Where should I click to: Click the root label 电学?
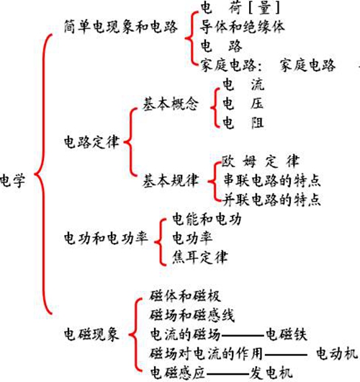13,180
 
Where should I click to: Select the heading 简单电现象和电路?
120,27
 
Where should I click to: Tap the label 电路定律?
91,142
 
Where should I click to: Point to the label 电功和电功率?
106,238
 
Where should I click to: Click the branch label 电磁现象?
91,334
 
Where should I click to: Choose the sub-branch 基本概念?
171,104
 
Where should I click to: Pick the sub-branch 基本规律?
171,180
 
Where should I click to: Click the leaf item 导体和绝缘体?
242,27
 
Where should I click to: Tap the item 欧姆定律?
261,161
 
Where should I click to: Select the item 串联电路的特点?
271,180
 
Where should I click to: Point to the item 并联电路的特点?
271,200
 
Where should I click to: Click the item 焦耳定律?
200,257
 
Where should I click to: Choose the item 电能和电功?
207,219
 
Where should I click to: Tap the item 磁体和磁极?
186,296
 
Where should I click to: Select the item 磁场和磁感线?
192,315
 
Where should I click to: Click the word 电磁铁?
287,334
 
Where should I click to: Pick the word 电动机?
337,353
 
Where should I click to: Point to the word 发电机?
271,373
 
